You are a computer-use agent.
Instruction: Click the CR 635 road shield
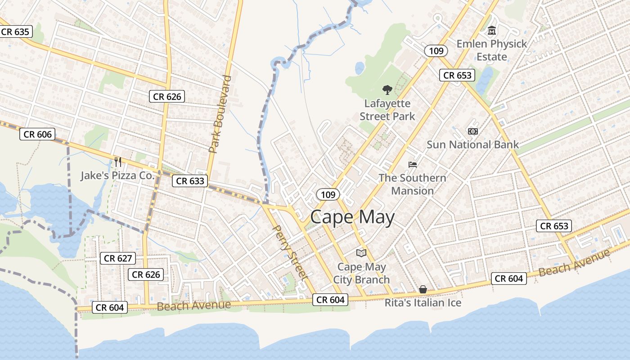(15, 32)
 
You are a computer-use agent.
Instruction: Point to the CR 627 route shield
(118, 258)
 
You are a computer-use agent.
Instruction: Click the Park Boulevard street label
(220, 114)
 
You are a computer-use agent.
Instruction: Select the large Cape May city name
(352, 217)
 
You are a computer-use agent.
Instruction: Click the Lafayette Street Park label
(387, 110)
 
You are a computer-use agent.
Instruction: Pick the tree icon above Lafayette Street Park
(387, 90)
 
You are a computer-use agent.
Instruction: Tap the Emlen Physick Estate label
(491, 50)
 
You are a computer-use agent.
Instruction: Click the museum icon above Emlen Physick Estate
(492, 31)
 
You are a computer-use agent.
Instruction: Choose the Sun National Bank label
(472, 144)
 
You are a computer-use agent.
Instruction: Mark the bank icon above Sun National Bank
(472, 131)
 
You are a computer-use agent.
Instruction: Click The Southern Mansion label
(412, 184)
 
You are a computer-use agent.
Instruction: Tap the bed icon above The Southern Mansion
(413, 165)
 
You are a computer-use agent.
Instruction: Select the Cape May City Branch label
(361, 273)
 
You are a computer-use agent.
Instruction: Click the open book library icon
(361, 253)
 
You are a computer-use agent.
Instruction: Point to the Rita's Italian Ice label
(423, 303)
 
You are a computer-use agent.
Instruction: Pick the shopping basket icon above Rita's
(423, 289)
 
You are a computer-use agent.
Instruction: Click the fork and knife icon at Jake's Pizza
(118, 162)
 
